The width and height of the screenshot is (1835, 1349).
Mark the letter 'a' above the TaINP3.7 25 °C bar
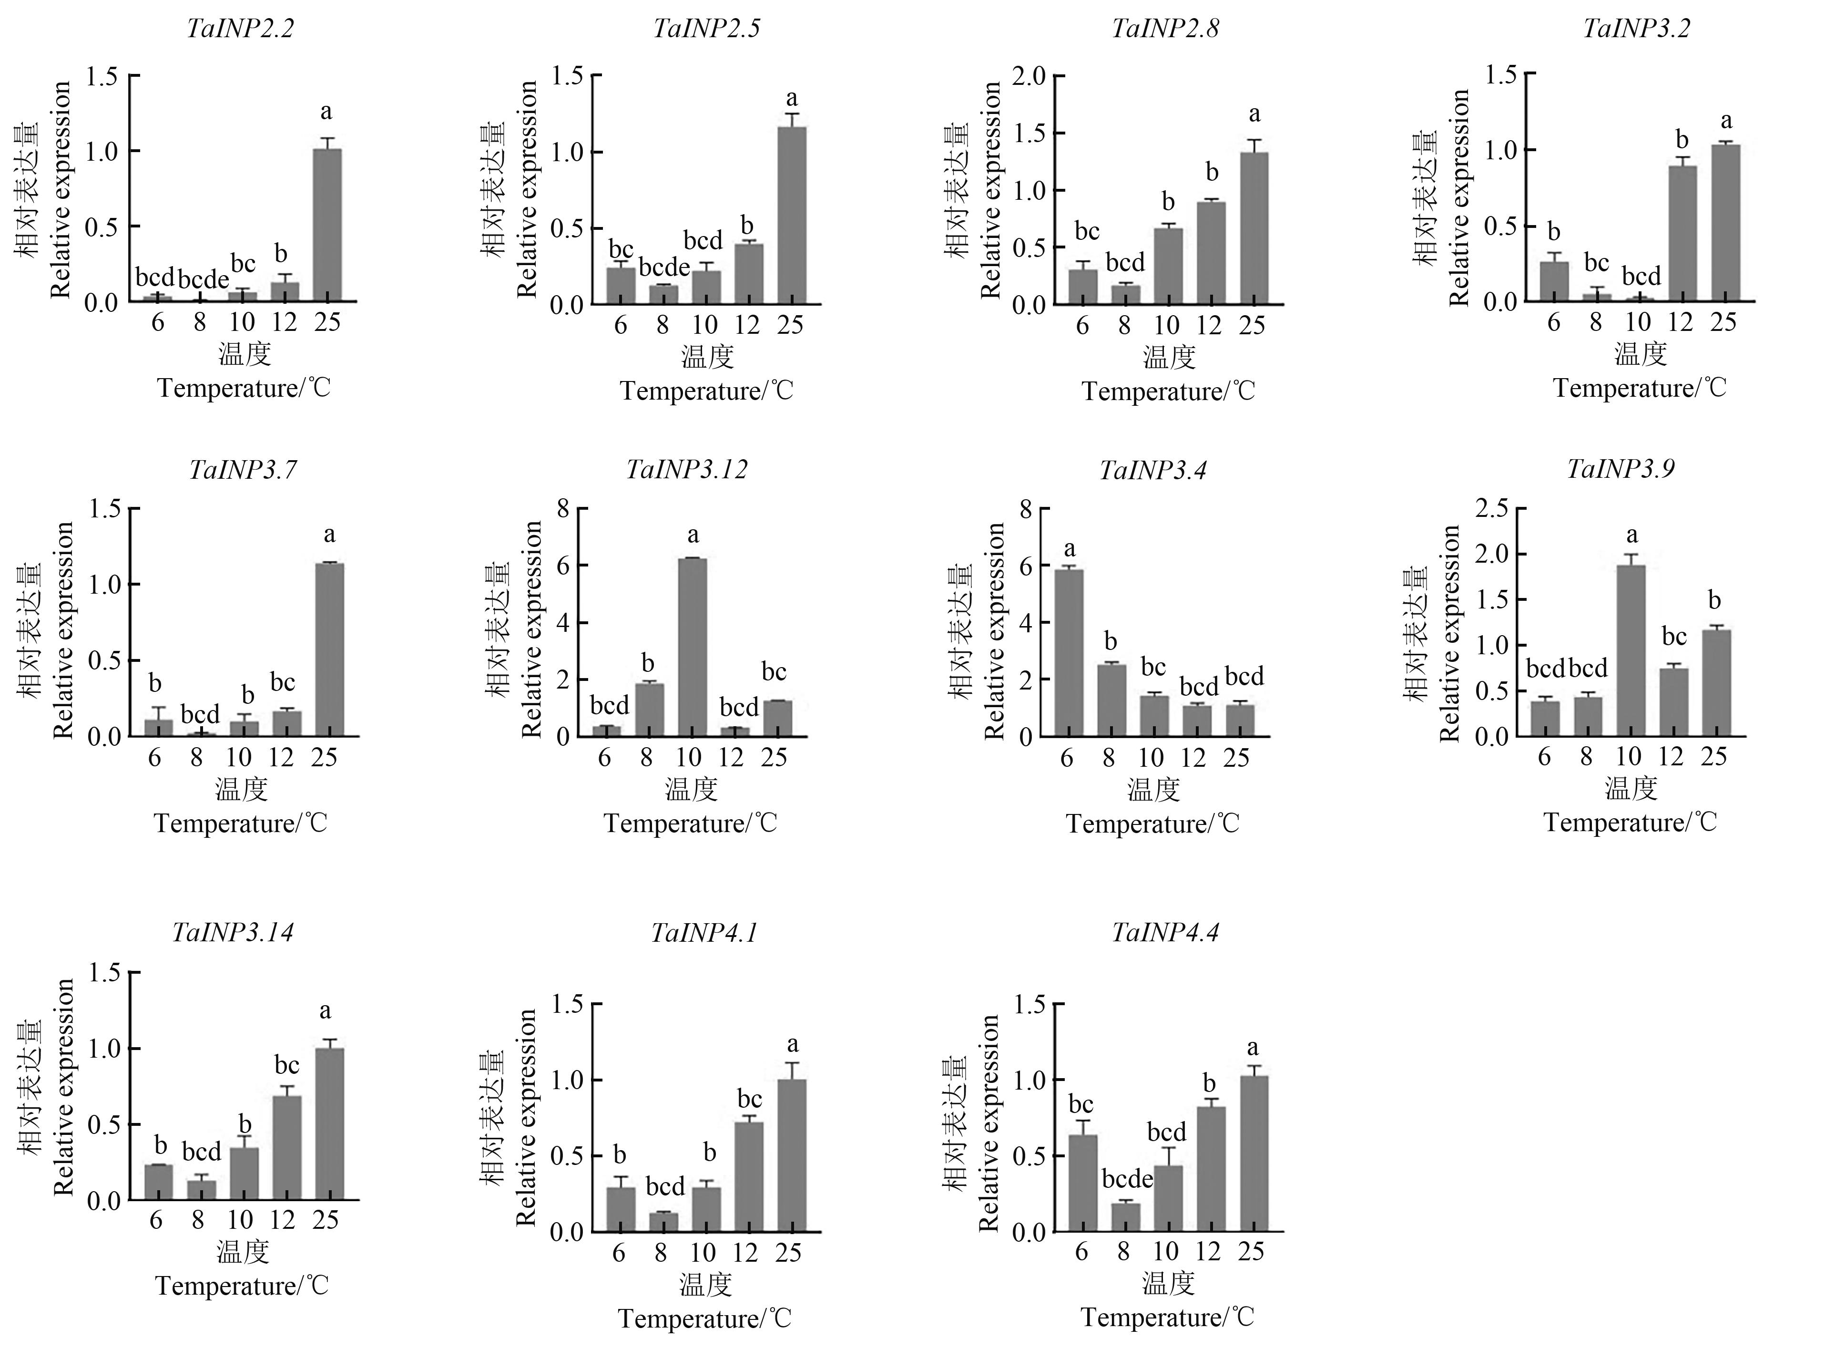pos(329,535)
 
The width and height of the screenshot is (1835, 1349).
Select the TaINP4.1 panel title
pos(703,933)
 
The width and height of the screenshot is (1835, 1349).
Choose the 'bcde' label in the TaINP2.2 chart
pos(203,280)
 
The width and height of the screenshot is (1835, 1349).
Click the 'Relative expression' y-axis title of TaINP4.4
pos(989,1123)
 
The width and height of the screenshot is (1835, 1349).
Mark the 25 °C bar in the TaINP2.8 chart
pos(1254,228)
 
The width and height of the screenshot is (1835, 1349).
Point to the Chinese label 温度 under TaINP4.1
pos(705,1285)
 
